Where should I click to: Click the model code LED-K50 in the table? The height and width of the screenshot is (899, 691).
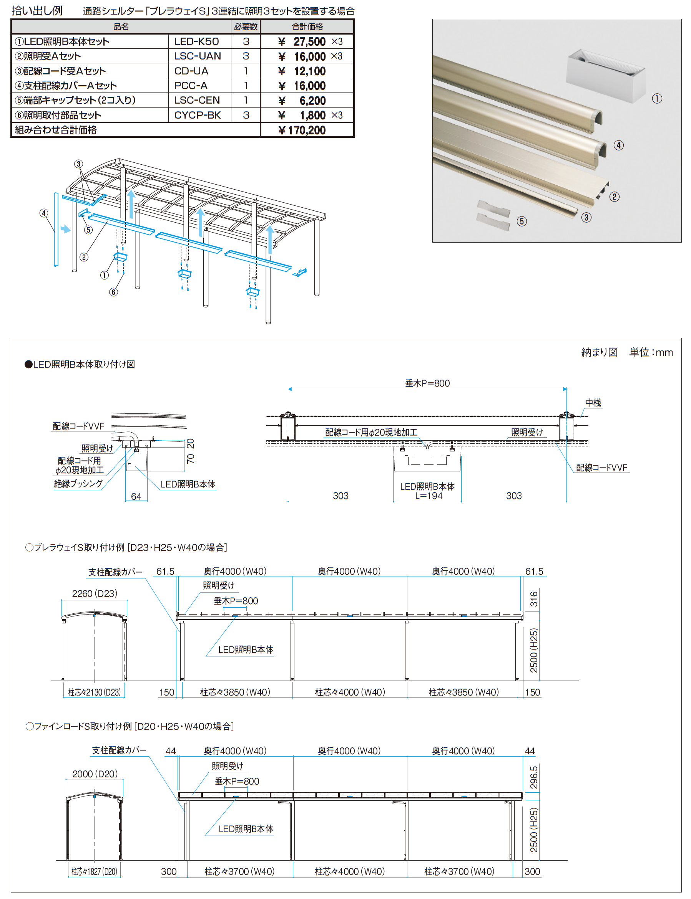click(x=196, y=41)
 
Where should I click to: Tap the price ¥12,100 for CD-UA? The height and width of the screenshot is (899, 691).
click(x=302, y=71)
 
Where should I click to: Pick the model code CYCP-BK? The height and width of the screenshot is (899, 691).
click(x=198, y=115)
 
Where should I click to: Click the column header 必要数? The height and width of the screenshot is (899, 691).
click(x=246, y=27)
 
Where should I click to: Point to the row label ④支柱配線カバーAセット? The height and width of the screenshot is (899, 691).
click(x=66, y=86)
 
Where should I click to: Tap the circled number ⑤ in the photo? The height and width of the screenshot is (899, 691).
click(x=522, y=221)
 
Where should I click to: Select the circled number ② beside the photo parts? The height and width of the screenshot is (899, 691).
click(x=614, y=197)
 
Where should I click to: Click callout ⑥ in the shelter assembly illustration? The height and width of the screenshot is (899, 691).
click(x=113, y=292)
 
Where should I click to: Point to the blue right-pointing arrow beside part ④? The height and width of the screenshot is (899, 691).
click(x=65, y=229)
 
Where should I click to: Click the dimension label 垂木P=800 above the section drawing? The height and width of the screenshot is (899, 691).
click(x=427, y=383)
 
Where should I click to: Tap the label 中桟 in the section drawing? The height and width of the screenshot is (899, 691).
click(x=593, y=403)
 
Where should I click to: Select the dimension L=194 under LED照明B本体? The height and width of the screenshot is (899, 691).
click(x=429, y=496)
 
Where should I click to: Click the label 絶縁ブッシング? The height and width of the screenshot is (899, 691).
click(x=78, y=483)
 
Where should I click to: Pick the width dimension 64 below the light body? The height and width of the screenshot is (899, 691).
click(x=136, y=496)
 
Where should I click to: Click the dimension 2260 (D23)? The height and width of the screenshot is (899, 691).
click(x=95, y=593)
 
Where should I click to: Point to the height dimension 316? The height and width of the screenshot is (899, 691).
click(x=533, y=599)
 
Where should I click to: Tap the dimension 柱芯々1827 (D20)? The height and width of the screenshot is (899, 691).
click(x=94, y=871)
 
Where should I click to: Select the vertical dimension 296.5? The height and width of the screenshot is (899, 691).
click(x=533, y=777)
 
